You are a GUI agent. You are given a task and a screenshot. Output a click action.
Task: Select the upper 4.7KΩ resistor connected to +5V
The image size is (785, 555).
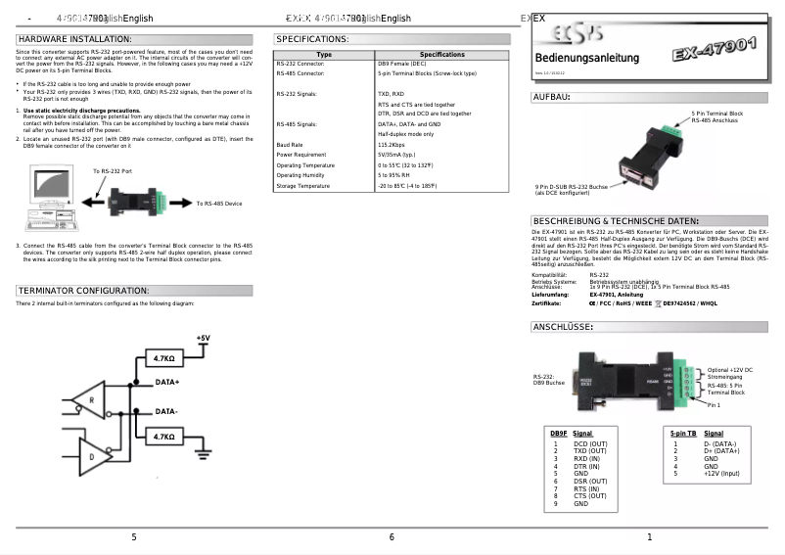point(164,359)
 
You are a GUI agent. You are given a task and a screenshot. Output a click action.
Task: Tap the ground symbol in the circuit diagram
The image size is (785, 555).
point(204,451)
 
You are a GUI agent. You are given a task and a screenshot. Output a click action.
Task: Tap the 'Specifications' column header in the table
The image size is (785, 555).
point(442,55)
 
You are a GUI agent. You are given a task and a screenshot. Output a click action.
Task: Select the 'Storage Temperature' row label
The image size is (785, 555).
point(303,186)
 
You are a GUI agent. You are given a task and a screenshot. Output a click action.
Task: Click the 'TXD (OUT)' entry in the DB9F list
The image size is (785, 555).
point(590,451)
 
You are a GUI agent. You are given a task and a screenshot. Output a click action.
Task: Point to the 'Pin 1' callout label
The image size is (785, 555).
point(714,404)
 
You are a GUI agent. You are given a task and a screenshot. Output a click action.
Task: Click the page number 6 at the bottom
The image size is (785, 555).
point(392,537)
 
